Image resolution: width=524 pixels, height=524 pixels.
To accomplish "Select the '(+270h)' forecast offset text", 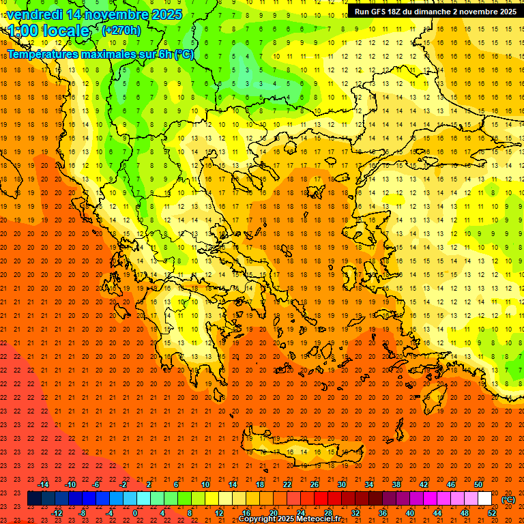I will pos(121,30).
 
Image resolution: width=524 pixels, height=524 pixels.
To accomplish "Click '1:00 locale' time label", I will pos(49,31).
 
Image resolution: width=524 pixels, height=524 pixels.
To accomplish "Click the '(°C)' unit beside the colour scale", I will pos(508,499).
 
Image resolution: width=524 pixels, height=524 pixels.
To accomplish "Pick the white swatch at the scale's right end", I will pos(484,499).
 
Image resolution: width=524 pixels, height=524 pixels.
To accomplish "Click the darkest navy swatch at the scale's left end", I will pos(34,499).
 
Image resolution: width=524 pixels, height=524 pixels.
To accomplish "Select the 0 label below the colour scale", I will pos(136,513).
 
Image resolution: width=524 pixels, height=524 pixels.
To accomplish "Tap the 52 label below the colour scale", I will pos(492,513).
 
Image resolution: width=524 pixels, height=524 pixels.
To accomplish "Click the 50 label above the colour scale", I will pos(478,484).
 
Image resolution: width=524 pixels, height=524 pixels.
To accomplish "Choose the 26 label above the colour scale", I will pos(315,484).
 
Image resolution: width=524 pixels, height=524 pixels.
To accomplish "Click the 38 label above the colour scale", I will pos(396,484).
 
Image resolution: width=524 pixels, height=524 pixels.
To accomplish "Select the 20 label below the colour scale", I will pos(274,513).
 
